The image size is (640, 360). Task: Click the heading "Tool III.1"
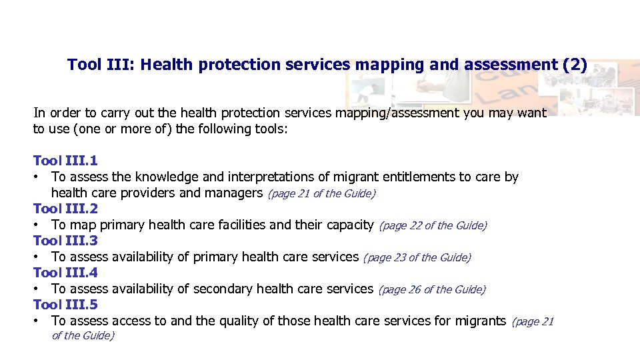coord(65,161)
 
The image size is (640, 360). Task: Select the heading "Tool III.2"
coord(65,209)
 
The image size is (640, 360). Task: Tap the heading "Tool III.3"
coord(65,241)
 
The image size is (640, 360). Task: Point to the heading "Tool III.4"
coord(65,273)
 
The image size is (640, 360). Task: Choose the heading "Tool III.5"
coord(65,305)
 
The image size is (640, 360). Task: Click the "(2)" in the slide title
coord(575,65)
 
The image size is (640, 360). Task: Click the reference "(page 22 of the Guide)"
coord(433,226)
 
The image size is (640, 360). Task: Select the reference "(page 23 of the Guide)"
coord(417,258)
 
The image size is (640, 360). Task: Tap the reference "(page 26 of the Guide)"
coord(432,290)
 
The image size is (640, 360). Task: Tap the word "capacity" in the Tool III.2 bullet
coord(350,225)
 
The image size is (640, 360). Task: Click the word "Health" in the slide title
coord(166,65)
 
